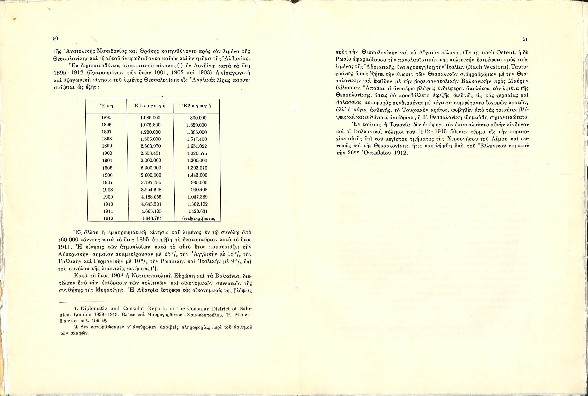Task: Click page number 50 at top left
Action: tap(55, 39)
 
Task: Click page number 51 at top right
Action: tap(525, 39)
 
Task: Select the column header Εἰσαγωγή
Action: tap(150, 106)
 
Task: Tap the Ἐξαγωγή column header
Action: tap(196, 106)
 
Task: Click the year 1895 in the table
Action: tap(106, 118)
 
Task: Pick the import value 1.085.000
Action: tap(150, 118)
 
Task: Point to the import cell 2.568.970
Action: tap(151, 146)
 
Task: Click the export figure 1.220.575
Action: tap(197, 153)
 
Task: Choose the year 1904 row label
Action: tap(107, 160)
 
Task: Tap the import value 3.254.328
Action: tap(151, 190)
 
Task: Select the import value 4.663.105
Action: tap(151, 211)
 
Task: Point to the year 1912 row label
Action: tap(108, 218)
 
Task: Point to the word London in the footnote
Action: tap(83, 315)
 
